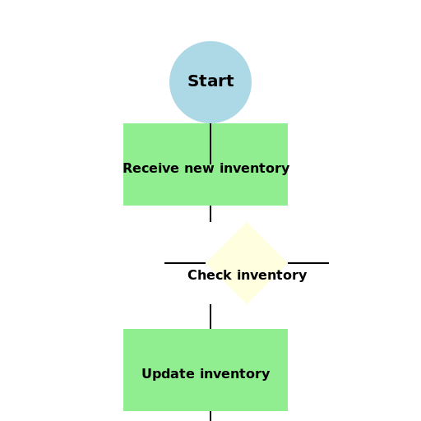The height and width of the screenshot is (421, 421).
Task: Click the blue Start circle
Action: click(x=210, y=82)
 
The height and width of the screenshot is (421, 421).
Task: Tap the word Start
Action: click(x=210, y=81)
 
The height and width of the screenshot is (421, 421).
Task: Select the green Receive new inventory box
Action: click(x=206, y=164)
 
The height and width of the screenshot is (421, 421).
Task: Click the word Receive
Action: click(x=151, y=168)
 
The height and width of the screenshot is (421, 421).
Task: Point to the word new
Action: click(x=199, y=169)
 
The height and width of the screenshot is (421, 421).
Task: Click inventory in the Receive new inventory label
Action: click(x=255, y=169)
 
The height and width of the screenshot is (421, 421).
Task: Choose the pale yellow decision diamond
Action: click(x=247, y=263)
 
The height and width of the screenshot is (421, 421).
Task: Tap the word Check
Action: click(x=210, y=275)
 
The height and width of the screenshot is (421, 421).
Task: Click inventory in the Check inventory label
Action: click(x=272, y=275)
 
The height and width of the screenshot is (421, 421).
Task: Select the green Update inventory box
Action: click(x=206, y=370)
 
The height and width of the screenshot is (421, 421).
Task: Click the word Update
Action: click(x=168, y=374)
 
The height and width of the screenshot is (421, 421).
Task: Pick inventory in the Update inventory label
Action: click(x=235, y=374)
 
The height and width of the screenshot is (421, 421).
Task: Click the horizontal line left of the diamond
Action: click(x=185, y=263)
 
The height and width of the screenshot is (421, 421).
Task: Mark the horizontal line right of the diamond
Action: click(x=308, y=263)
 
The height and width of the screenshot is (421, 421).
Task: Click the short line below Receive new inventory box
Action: click(x=210, y=214)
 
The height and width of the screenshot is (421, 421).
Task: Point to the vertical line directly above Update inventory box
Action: click(x=210, y=317)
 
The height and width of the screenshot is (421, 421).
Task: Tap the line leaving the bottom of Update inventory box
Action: click(x=210, y=416)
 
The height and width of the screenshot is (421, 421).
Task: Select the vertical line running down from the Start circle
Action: click(x=210, y=144)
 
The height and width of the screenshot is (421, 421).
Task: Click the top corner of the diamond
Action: click(x=247, y=222)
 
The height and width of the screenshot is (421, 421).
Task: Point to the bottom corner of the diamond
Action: click(x=247, y=304)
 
